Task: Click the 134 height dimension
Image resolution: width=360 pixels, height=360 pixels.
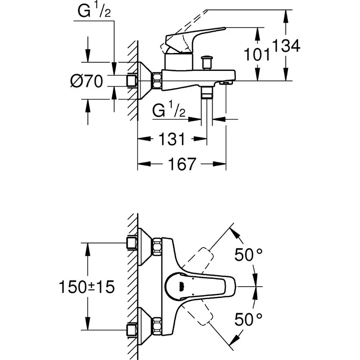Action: tap(286, 46)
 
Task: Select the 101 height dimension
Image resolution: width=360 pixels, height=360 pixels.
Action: tap(257, 55)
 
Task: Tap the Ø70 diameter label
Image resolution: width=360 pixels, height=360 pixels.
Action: tap(86, 81)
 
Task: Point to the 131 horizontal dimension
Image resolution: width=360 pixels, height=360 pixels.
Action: tap(172, 139)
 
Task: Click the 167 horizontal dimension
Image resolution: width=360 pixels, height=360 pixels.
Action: tap(181, 164)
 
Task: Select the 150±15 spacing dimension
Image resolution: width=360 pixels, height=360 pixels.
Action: tap(87, 287)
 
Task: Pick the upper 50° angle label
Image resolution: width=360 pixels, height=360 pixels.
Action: tap(248, 255)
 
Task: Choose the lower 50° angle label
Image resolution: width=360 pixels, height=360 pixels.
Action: tap(248, 319)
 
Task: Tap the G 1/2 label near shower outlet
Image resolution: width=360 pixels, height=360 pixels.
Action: tap(168, 111)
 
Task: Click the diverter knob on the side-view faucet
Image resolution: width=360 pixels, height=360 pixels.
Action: tap(207, 62)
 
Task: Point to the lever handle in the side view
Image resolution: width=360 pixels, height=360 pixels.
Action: tap(194, 38)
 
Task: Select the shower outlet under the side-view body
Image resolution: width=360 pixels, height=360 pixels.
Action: tap(207, 93)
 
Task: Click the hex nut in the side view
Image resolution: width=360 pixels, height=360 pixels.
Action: tap(157, 81)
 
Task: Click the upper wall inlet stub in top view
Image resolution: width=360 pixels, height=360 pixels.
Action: tap(132, 243)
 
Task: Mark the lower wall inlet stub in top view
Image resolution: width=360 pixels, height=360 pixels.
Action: tap(132, 329)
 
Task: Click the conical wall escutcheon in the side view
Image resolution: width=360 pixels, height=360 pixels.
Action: tap(145, 81)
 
